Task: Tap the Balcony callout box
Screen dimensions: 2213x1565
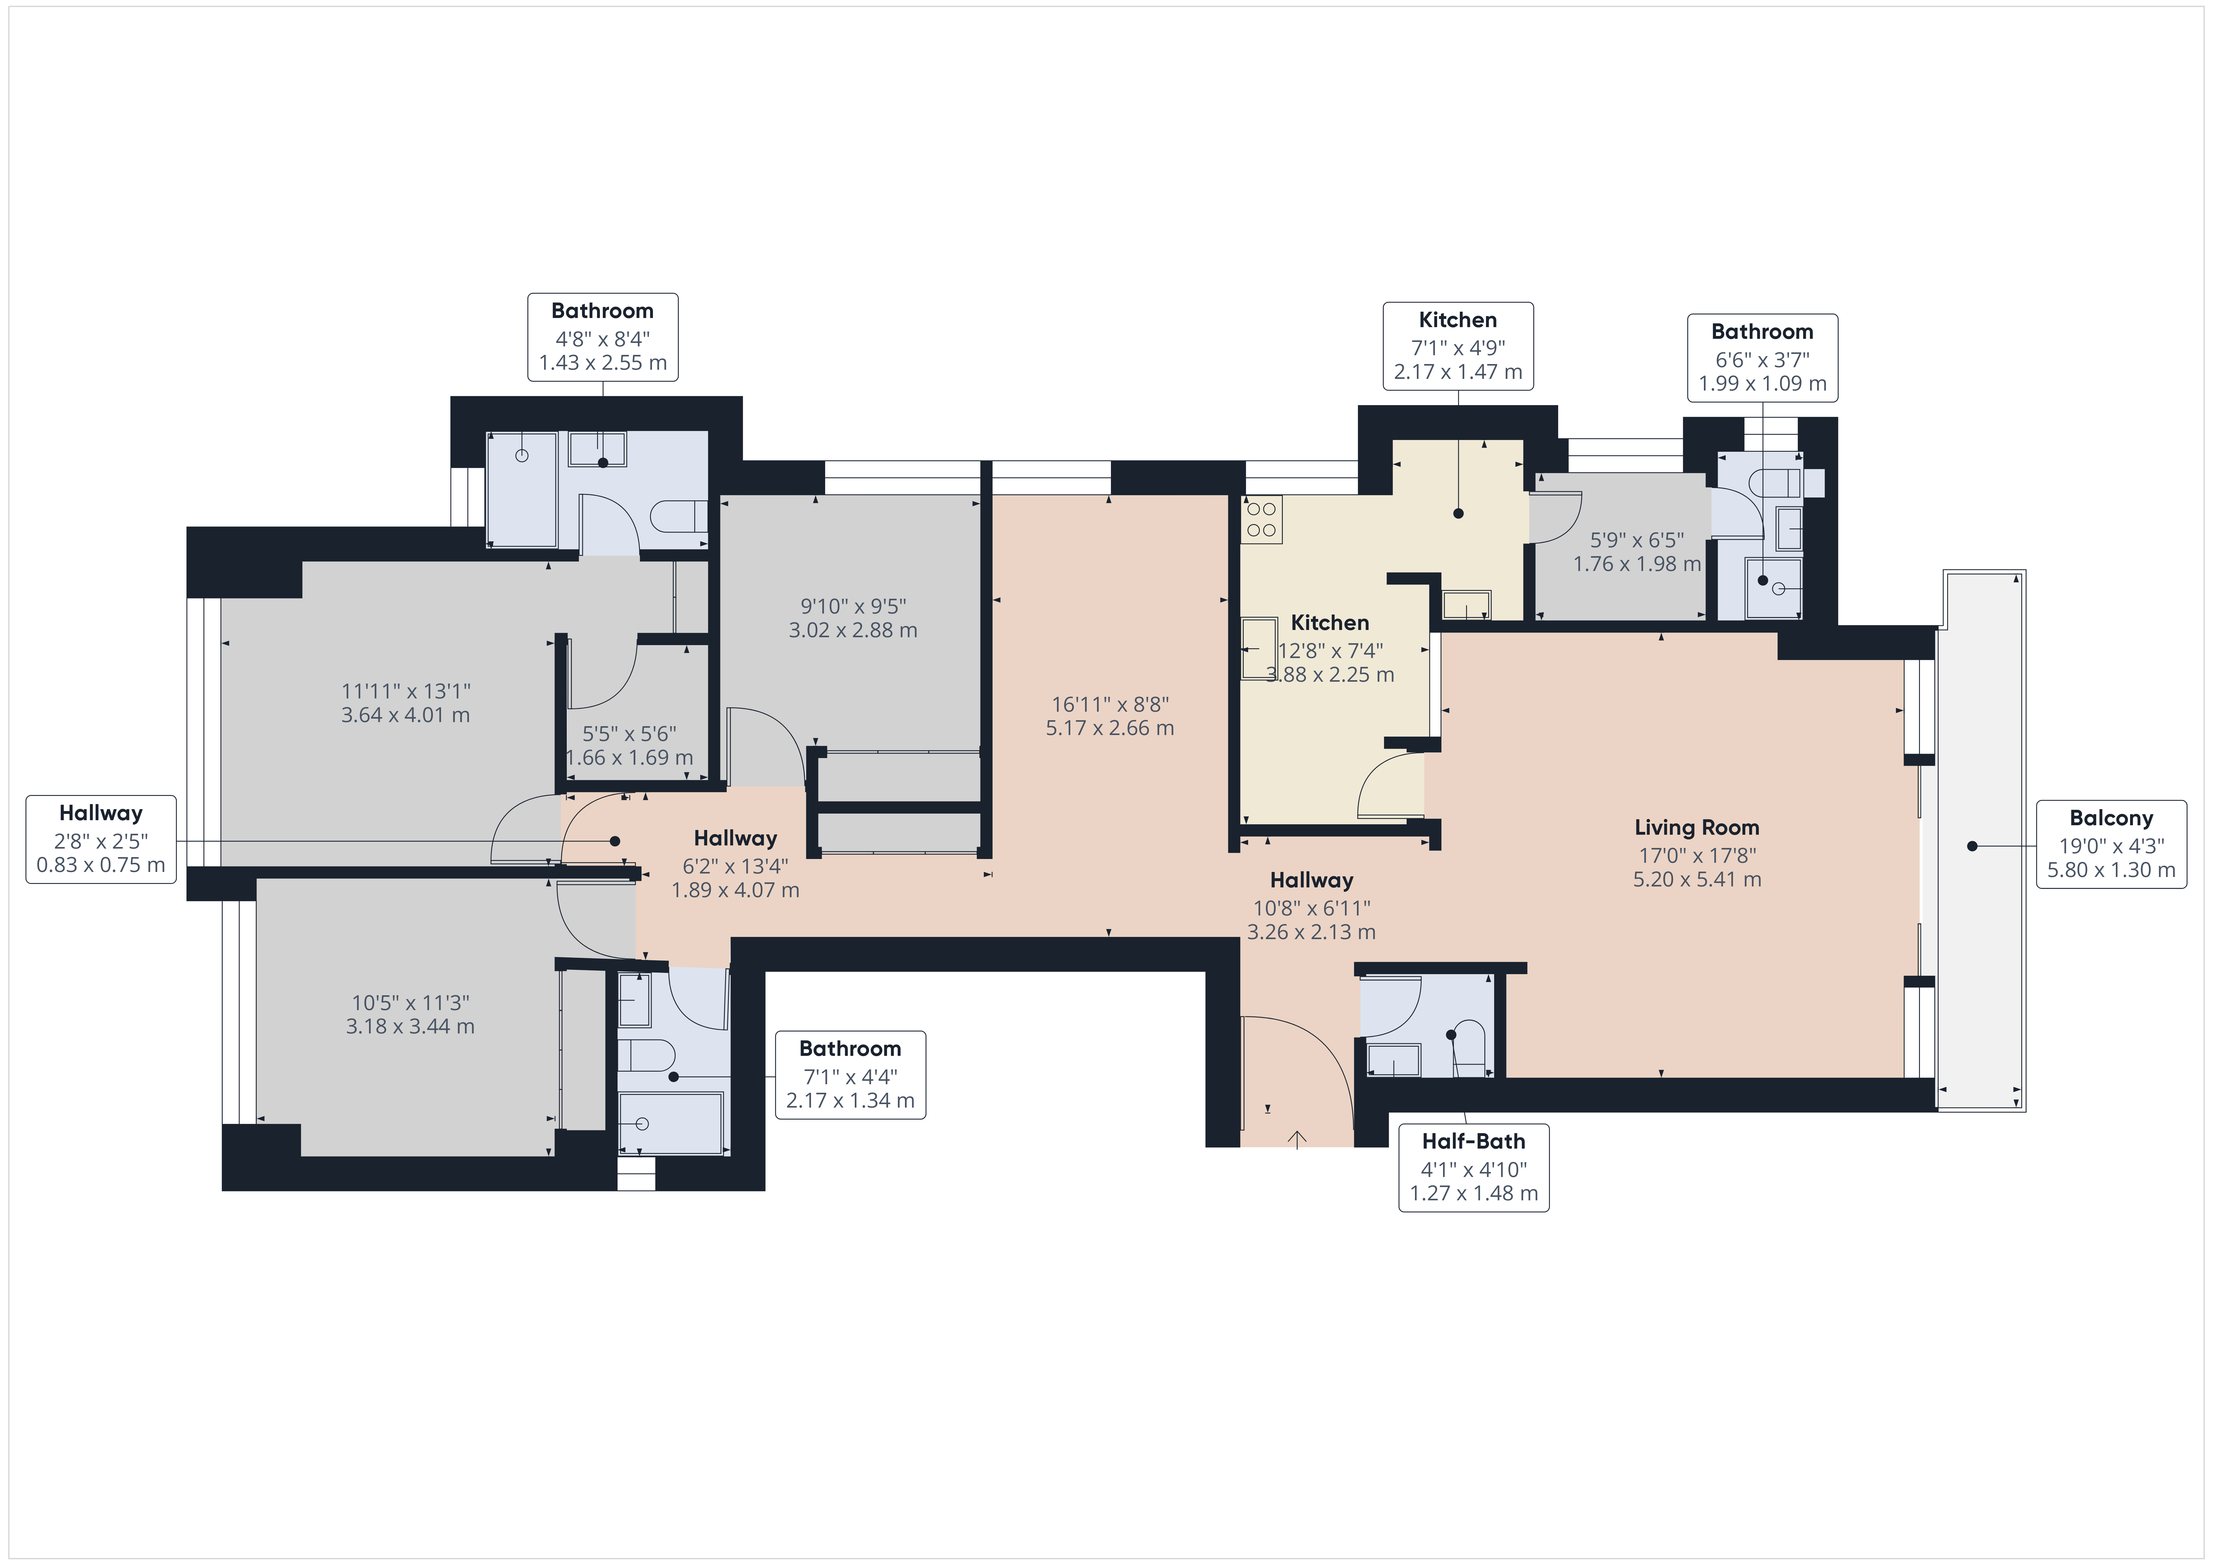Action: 2111,845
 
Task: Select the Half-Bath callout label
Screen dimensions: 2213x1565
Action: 1474,1168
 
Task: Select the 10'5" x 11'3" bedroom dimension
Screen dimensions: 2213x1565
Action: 411,1003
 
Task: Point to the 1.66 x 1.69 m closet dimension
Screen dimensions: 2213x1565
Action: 629,758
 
